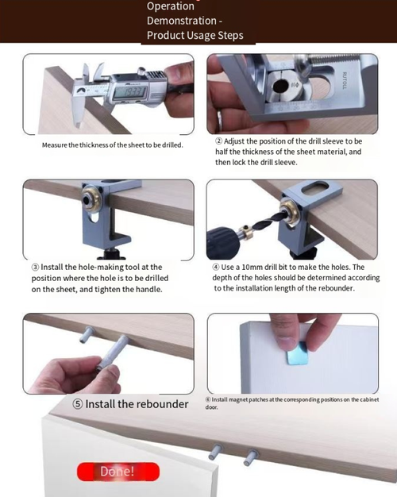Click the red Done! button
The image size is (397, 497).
118,472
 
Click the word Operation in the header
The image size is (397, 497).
170,6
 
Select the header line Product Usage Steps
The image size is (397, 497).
195,36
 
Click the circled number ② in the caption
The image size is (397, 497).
218,141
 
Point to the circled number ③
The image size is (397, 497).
36,268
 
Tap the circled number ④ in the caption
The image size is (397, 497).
216,268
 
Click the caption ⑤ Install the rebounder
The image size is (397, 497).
130,403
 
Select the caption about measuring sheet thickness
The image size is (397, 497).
112,145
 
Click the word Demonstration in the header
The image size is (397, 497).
184,21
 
